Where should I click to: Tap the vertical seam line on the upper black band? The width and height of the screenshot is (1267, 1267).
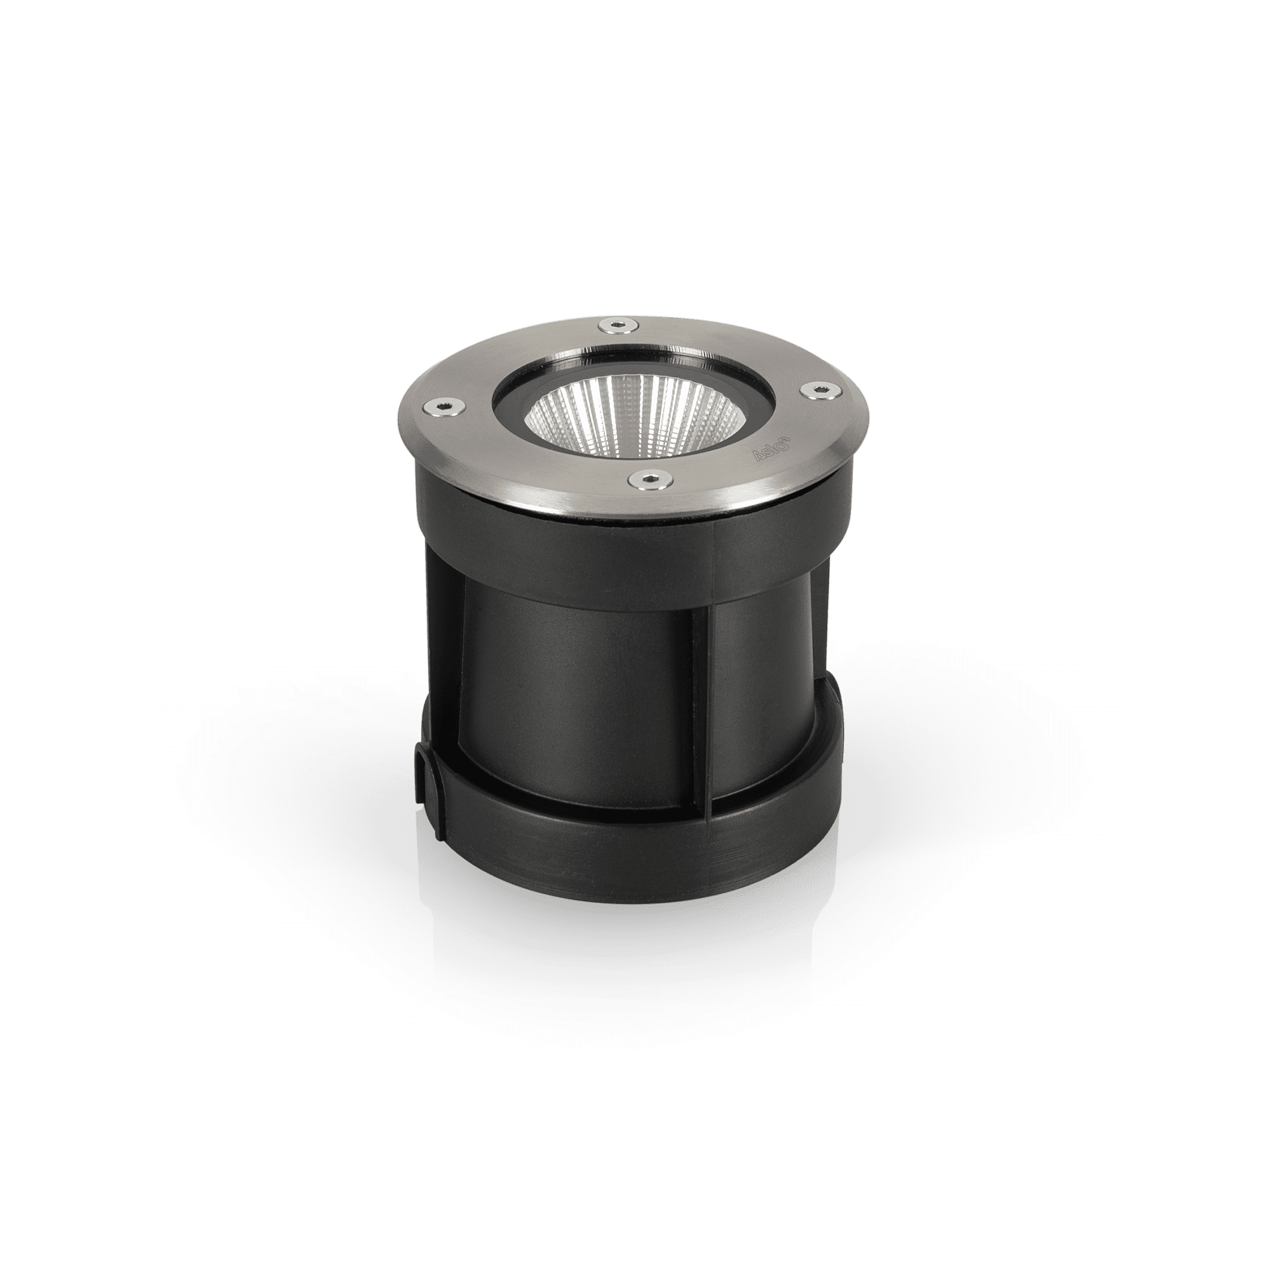click(x=715, y=544)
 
